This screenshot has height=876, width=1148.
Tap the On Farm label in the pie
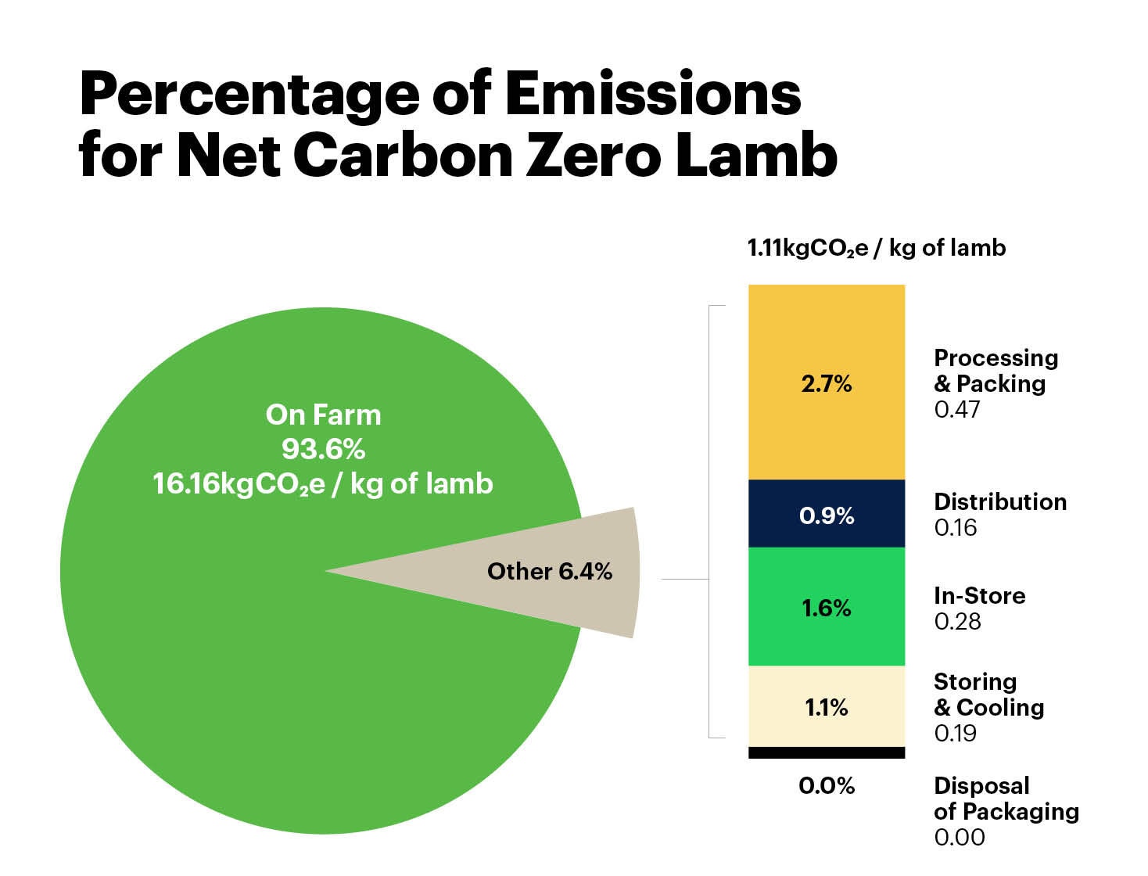pos(323,415)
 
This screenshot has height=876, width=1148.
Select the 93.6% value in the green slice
pos(323,449)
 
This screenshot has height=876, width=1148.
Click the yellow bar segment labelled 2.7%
pos(827,383)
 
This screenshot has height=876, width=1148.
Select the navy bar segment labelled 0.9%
pos(827,515)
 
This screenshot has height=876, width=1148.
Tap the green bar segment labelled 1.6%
pos(827,608)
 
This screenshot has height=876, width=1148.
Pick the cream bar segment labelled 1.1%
pos(827,707)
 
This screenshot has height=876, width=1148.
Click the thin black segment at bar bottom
pos(827,752)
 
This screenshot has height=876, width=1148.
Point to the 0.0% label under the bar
pos(827,785)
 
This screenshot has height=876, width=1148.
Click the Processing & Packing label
pos(996,371)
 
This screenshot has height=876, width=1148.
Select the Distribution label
pos(1000,501)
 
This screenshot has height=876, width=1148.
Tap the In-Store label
pos(979,595)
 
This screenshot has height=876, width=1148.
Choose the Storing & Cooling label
pos(988,695)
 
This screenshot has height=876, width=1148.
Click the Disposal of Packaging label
pos(1006,799)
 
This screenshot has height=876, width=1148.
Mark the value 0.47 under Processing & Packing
pos(956,410)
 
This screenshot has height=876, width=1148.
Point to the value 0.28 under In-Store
pos(957,622)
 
